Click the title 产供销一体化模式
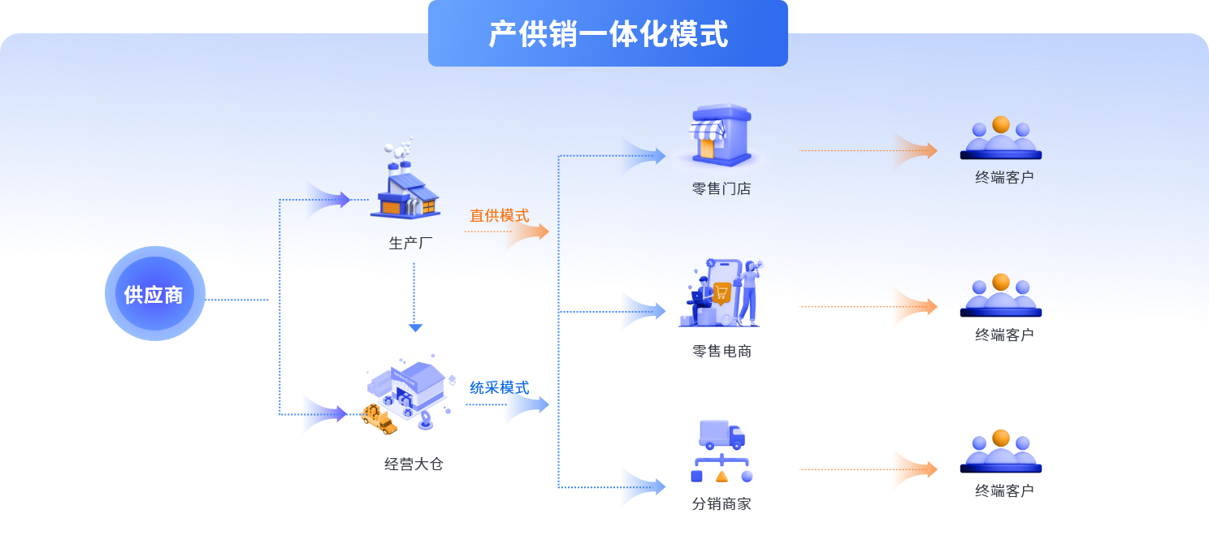click(608, 34)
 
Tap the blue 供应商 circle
click(154, 294)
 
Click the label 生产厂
click(406, 243)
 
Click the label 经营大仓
click(414, 464)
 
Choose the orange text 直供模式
click(499, 215)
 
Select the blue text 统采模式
click(499, 387)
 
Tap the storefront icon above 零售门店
click(719, 135)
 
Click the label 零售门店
click(721, 189)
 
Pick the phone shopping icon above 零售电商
click(721, 293)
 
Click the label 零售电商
click(721, 351)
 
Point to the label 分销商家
click(721, 503)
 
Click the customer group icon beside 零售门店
click(1001, 138)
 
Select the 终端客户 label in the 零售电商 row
click(1004, 335)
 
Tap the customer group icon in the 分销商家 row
click(1001, 451)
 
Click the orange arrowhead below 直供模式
click(529, 232)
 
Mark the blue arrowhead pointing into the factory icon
click(330, 200)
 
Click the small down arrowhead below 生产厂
click(415, 328)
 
